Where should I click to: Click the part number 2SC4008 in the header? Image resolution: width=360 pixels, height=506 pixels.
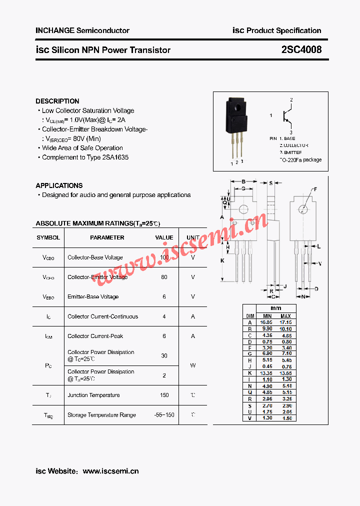tap(301, 50)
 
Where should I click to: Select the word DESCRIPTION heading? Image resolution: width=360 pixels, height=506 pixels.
tap(57, 101)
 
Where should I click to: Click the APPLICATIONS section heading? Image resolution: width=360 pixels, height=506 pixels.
tap(59, 185)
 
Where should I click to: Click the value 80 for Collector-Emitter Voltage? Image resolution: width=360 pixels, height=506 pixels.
tap(164, 277)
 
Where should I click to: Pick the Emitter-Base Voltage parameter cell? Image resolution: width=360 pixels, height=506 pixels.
tap(93, 296)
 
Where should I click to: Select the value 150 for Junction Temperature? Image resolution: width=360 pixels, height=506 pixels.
tap(164, 395)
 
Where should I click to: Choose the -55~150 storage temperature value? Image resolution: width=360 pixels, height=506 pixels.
tap(164, 415)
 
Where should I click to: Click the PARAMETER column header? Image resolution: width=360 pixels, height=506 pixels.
tap(107, 237)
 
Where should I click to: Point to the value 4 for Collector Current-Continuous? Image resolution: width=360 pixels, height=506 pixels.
tap(164, 316)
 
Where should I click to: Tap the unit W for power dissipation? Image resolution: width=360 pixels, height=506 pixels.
tap(193, 365)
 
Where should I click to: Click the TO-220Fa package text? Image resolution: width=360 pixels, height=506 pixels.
tap(300, 160)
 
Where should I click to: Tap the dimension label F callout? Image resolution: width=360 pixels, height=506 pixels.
tap(315, 189)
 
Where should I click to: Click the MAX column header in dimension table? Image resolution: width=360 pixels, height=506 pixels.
tap(285, 316)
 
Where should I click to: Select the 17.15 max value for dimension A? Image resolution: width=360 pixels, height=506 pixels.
tap(285, 322)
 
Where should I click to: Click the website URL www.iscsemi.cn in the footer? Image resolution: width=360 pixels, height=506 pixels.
tap(110, 471)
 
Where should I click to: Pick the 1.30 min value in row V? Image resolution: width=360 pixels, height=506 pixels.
tap(267, 418)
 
